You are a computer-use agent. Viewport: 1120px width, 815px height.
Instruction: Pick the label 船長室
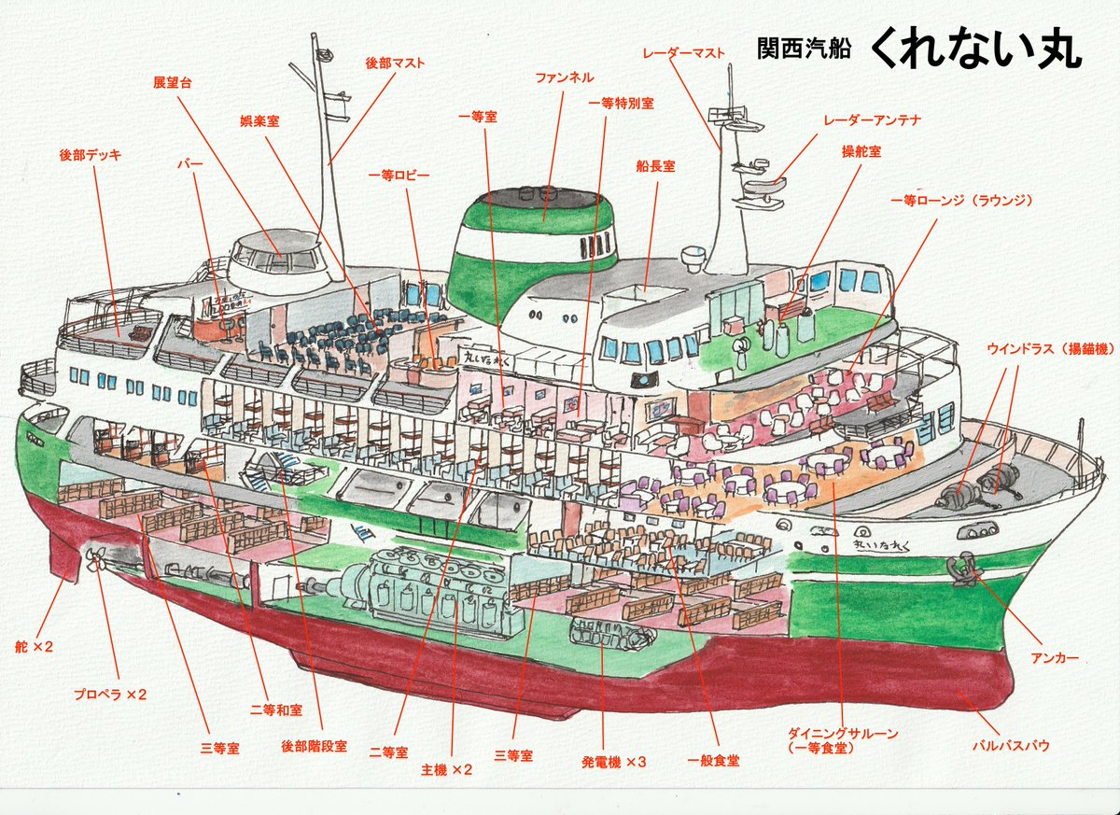tap(655, 166)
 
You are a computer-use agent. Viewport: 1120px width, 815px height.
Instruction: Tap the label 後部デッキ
tap(91, 155)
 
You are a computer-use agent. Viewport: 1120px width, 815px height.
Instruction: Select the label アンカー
tap(1056, 658)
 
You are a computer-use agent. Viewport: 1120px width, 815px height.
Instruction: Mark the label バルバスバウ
tap(1011, 745)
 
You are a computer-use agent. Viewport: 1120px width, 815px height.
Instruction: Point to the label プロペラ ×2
tap(110, 695)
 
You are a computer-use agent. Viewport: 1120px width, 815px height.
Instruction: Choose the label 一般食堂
tap(713, 761)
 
